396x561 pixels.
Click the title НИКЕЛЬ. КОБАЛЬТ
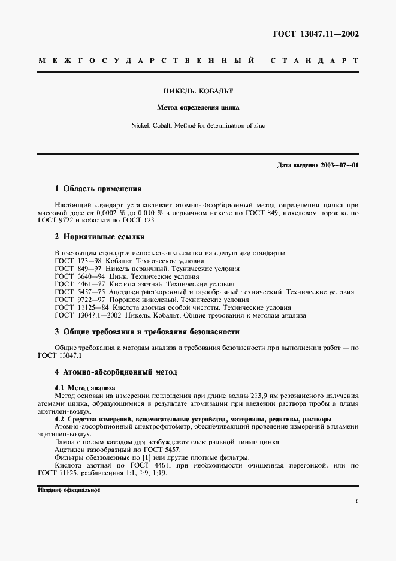[198, 92]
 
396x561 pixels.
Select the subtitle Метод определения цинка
[198, 108]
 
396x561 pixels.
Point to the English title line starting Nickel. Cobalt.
[198, 126]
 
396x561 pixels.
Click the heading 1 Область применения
[98, 188]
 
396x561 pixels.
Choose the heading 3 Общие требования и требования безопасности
[147, 331]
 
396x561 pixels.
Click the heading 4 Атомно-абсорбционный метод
[116, 372]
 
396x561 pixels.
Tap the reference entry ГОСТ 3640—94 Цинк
[126, 277]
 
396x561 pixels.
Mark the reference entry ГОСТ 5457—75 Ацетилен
[204, 292]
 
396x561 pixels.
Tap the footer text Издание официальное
[69, 490]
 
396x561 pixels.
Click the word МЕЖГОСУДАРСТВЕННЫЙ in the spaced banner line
[147, 61]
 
